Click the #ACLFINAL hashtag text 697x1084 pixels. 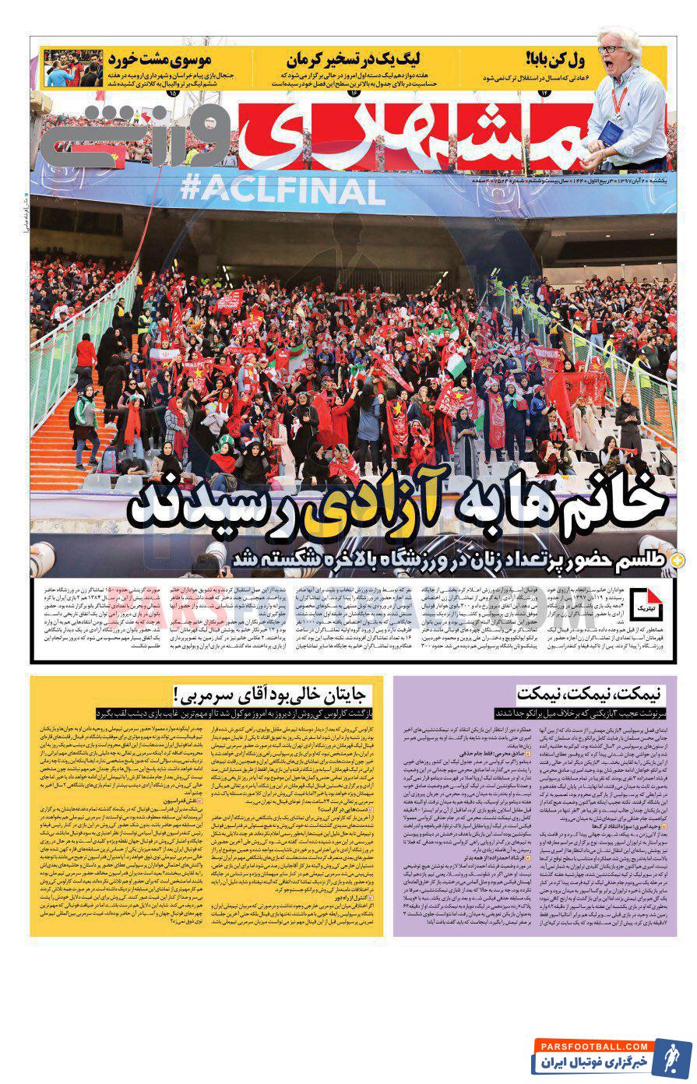tap(283, 188)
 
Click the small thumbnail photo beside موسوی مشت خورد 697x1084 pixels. tap(73, 68)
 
